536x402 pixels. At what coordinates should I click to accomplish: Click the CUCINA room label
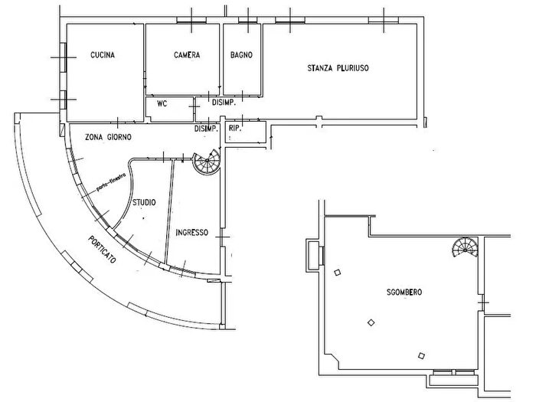[103, 55]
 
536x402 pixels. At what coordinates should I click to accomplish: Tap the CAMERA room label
[187, 55]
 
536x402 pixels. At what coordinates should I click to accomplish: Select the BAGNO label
[241, 55]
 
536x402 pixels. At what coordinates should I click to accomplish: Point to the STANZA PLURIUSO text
[339, 68]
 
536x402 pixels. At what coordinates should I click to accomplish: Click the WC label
[162, 103]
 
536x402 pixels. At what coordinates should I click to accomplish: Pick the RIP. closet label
[235, 129]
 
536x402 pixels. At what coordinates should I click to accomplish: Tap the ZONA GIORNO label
[108, 136]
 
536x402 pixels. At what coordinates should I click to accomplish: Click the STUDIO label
[145, 203]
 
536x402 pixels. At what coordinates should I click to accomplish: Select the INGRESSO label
[191, 233]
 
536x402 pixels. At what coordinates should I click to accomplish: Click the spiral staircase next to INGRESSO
[206, 163]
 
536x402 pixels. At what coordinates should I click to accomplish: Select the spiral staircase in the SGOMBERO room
[464, 248]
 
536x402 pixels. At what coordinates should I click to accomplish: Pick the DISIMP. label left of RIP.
[206, 129]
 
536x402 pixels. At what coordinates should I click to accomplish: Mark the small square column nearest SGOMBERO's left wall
[337, 271]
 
